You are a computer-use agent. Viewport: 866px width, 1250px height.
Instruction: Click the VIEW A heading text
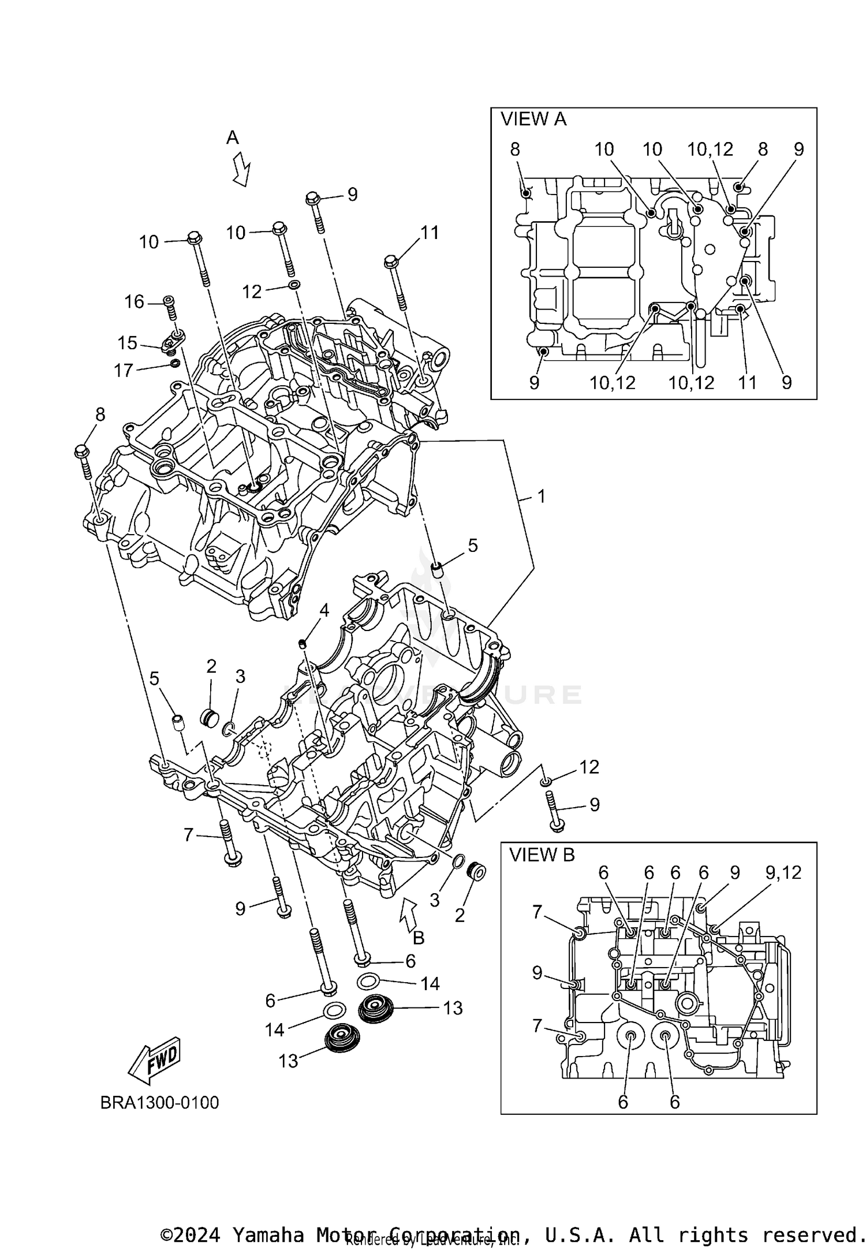[x=533, y=120]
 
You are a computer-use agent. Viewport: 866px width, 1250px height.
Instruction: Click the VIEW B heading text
[x=542, y=855]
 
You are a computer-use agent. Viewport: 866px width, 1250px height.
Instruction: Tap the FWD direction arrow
[x=155, y=1060]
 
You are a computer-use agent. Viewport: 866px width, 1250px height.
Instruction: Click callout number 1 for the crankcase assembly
[x=541, y=496]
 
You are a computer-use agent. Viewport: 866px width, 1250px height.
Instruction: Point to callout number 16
[x=135, y=301]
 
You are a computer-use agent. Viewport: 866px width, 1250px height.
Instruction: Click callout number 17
[x=124, y=370]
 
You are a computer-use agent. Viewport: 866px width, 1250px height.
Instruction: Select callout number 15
[x=128, y=343]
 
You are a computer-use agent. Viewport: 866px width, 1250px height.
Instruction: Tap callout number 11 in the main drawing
[x=430, y=233]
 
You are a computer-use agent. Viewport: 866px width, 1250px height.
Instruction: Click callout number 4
[x=324, y=610]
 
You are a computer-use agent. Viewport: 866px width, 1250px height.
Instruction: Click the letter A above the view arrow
[x=232, y=137]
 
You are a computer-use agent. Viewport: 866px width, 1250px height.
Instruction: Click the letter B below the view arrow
[x=419, y=938]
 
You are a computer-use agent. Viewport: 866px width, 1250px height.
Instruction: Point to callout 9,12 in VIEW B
[x=783, y=872]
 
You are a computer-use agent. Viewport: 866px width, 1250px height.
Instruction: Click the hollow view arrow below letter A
[x=242, y=169]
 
